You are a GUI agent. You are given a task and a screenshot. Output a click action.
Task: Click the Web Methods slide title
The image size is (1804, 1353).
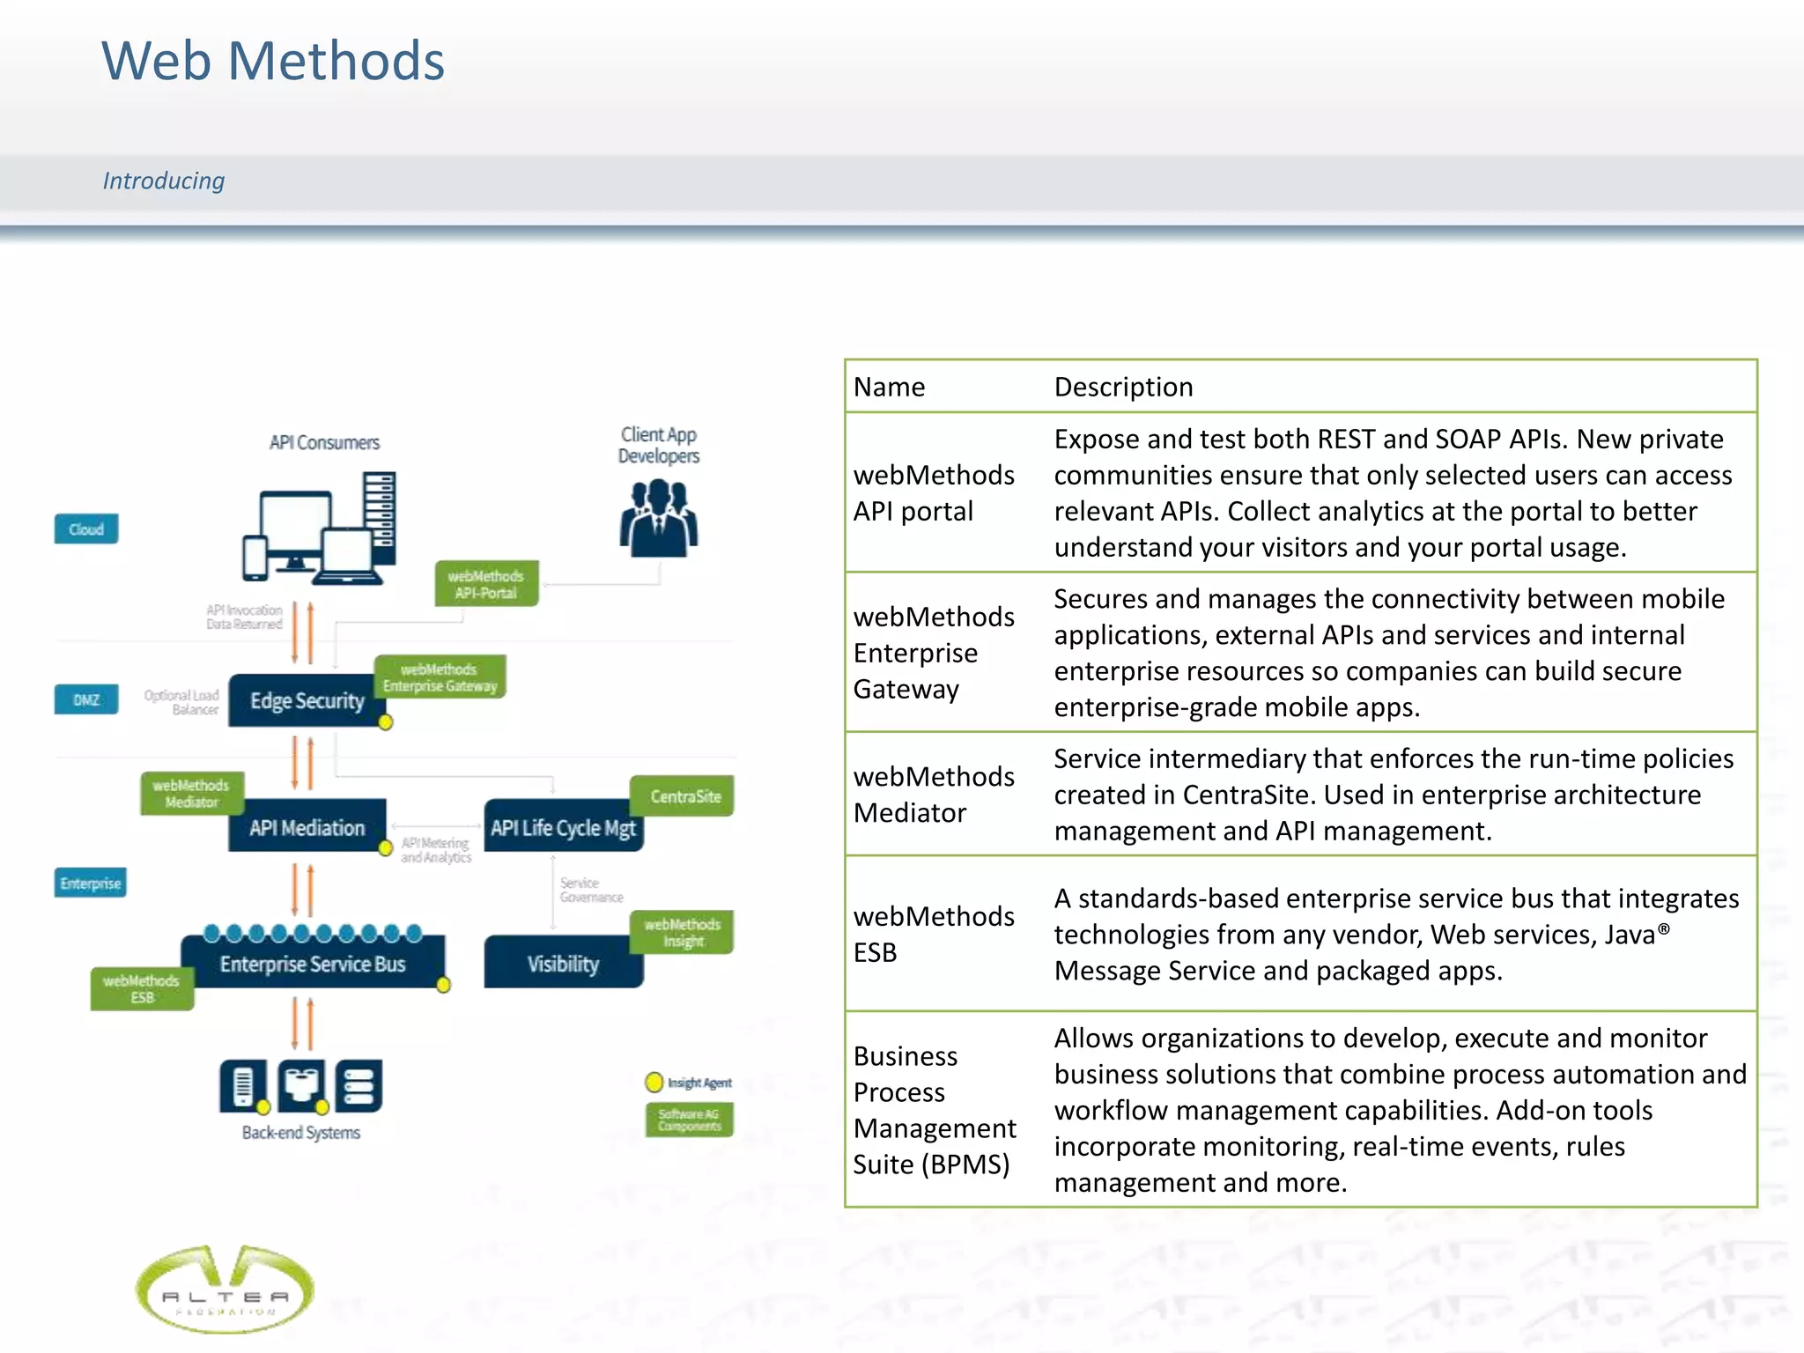[x=273, y=62]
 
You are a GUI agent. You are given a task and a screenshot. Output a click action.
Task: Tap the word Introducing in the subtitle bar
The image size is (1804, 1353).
[x=164, y=181]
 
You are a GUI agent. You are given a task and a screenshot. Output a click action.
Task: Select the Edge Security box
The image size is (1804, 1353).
[x=306, y=701]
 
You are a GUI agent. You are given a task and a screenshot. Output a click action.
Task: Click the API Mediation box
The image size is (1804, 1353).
[x=306, y=827]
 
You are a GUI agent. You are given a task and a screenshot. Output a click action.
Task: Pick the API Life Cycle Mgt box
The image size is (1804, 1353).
[x=562, y=827]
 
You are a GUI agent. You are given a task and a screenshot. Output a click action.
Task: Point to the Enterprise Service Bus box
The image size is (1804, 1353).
[x=312, y=964]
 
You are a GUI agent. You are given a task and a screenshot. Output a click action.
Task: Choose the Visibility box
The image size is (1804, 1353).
[x=562, y=964]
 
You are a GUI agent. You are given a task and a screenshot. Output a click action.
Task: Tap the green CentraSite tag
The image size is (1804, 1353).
[x=684, y=796]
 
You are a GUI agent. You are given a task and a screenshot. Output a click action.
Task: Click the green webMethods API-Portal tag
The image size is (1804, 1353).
[x=485, y=584]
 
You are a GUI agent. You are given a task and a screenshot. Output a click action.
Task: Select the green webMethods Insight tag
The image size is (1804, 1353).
[x=683, y=933]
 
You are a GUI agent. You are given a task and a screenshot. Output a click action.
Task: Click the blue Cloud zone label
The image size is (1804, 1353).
[x=86, y=529]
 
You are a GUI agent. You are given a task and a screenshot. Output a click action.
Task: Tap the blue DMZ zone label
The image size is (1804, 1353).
[x=86, y=700]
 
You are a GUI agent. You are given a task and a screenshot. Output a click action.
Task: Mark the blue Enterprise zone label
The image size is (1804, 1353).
[x=90, y=883]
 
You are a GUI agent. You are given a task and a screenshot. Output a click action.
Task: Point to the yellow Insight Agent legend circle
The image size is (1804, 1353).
[x=654, y=1083]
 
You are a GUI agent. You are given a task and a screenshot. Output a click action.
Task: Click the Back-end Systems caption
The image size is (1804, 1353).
[x=300, y=1133]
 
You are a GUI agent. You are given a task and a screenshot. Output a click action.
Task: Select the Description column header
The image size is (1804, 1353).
[x=1123, y=388]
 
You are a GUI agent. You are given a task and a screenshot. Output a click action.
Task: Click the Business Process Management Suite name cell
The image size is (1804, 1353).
[x=933, y=1110]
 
